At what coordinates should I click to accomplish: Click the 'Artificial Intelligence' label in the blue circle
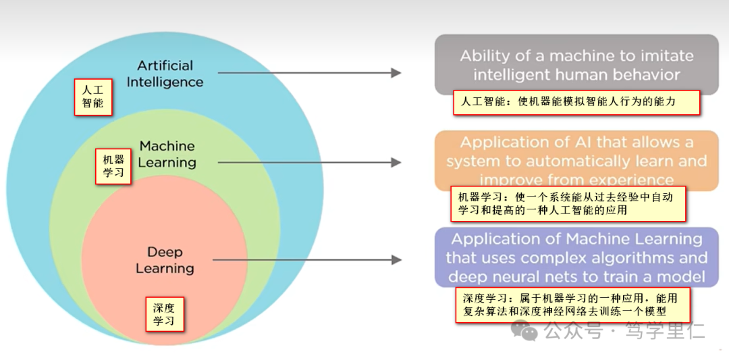pos(165,74)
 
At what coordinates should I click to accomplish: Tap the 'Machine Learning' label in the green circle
pos(167,154)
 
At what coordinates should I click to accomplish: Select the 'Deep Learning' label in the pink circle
pos(165,260)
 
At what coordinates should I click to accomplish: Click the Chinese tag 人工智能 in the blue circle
pos(92,97)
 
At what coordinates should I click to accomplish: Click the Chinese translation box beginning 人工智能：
pos(576,103)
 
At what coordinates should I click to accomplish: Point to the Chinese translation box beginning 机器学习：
pos(568,203)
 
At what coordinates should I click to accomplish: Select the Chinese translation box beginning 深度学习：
pos(572,305)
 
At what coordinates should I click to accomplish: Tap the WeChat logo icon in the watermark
pos(524,330)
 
